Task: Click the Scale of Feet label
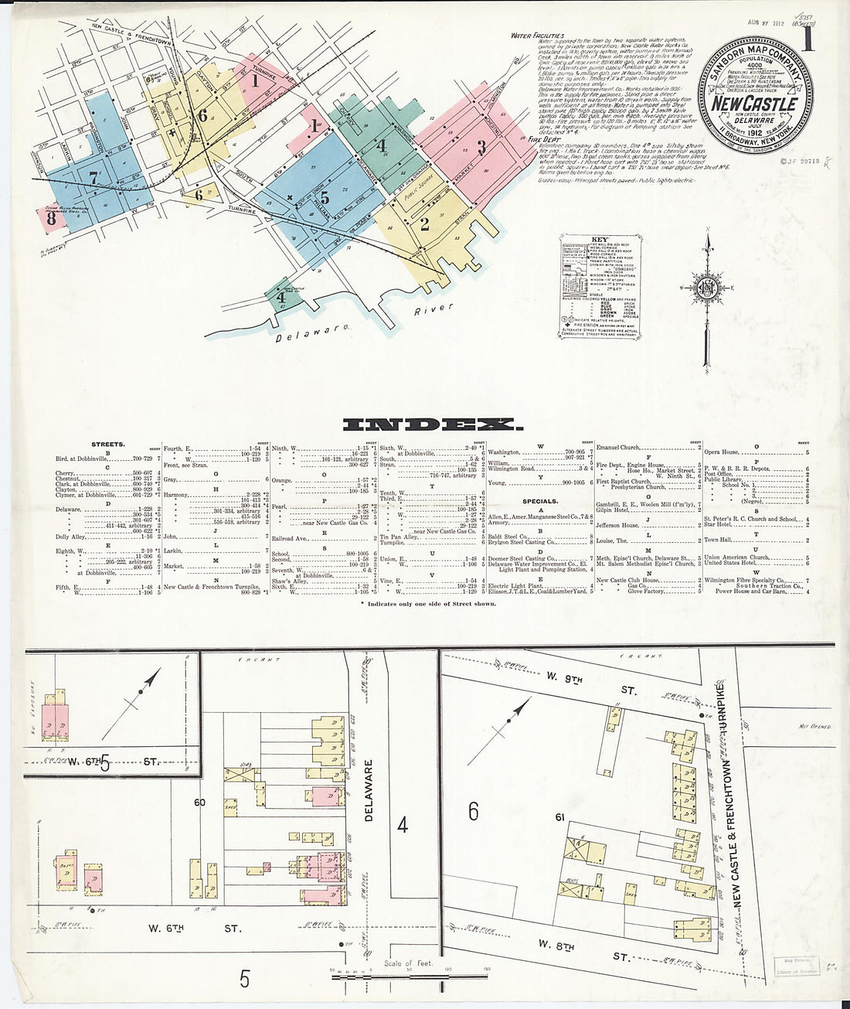408,963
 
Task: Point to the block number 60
199,803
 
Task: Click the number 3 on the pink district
481,146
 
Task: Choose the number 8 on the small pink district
51,219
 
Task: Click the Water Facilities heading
537,36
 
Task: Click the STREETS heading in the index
108,445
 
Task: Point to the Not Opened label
813,727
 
